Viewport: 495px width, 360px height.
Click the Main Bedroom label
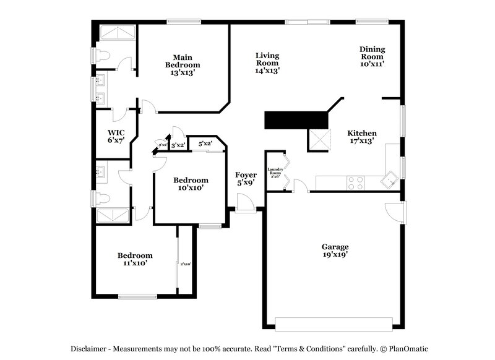pyautogui.click(x=183, y=65)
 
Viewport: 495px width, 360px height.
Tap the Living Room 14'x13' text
pyautogui.click(x=267, y=63)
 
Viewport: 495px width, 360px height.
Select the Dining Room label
pyautogui.click(x=372, y=56)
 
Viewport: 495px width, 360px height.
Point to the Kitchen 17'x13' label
pyautogui.click(x=362, y=137)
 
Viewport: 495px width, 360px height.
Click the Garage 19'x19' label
pyautogui.click(x=335, y=251)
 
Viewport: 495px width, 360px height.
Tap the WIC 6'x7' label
pyautogui.click(x=116, y=137)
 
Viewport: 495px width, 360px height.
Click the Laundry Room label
pyautogui.click(x=275, y=173)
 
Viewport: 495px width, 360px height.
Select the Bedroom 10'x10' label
pyautogui.click(x=190, y=184)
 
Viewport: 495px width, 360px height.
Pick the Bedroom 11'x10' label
pyautogui.click(x=135, y=259)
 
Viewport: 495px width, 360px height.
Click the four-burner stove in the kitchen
pyautogui.click(x=356, y=182)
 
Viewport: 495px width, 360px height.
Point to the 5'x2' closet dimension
pyautogui.click(x=205, y=144)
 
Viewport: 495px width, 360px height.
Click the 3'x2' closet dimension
pyautogui.click(x=178, y=145)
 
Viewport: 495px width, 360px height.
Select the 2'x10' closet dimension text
pyautogui.click(x=185, y=264)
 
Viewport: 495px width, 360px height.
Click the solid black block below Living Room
pyautogui.click(x=295, y=120)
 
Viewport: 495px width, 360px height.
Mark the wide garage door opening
pyautogui.click(x=334, y=324)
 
